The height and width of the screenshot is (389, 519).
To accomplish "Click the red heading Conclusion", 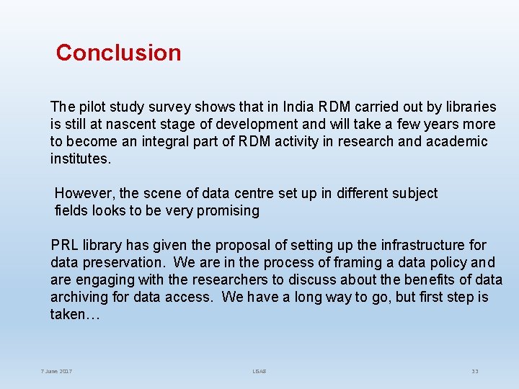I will tap(118, 53).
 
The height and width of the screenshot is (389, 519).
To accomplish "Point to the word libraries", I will tap(468, 107).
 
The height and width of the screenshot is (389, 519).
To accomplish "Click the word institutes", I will tap(79, 158).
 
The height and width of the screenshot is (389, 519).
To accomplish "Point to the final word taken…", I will tap(68, 314).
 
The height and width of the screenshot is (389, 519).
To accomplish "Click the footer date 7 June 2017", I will tap(56, 371).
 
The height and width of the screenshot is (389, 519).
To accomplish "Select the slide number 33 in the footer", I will tap(475, 371).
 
